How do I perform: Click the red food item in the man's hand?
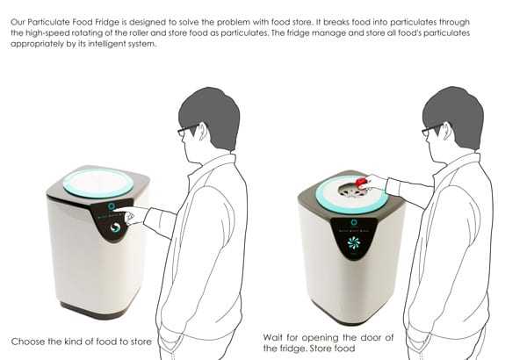(361, 182)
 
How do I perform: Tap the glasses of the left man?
(188, 130)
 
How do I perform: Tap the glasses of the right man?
(432, 130)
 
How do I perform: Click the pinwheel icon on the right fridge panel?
(354, 242)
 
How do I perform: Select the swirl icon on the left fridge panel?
(115, 227)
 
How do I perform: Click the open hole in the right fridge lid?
(352, 191)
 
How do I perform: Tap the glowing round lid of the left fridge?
(98, 184)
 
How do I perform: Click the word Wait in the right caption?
(272, 337)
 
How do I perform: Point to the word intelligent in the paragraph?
(105, 44)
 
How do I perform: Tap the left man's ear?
(203, 132)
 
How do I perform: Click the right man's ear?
(447, 132)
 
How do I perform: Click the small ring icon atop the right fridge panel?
(354, 222)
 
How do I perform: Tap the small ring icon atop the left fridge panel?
(112, 206)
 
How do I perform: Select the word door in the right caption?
(371, 337)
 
